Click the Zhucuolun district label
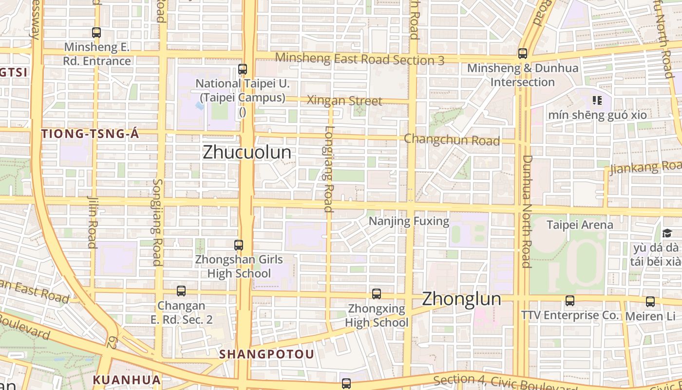pyautogui.click(x=247, y=152)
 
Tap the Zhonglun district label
pyautogui.click(x=461, y=298)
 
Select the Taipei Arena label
pyautogui.click(x=580, y=225)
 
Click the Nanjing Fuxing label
pyautogui.click(x=409, y=221)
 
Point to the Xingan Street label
pyautogui.click(x=344, y=101)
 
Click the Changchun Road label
pyautogui.click(x=452, y=140)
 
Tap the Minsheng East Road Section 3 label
pyautogui.click(x=360, y=59)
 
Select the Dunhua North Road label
pyautogui.click(x=527, y=211)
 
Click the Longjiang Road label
pyautogui.click(x=329, y=169)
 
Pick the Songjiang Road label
pyautogui.click(x=157, y=222)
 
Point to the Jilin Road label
pyautogui.click(x=93, y=222)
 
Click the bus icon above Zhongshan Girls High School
pyautogui.click(x=239, y=245)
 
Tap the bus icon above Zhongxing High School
pyautogui.click(x=377, y=293)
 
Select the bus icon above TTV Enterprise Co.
pyautogui.click(x=570, y=300)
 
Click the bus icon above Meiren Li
pyautogui.click(x=650, y=301)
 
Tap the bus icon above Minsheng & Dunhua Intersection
pyautogui.click(x=523, y=53)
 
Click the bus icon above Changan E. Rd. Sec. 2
pyautogui.click(x=181, y=291)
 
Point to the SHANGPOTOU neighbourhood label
pyautogui.click(x=266, y=354)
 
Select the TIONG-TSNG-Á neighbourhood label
pyautogui.click(x=90, y=134)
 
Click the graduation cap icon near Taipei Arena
pyautogui.click(x=667, y=234)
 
